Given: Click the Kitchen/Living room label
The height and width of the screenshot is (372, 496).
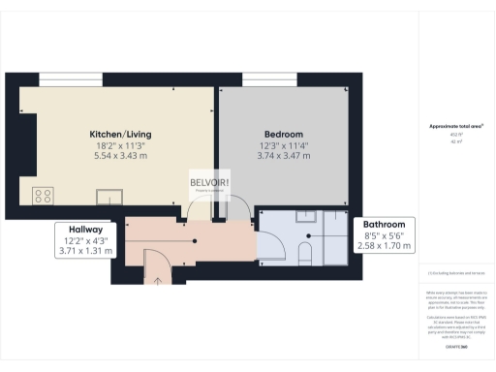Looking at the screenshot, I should (120, 133).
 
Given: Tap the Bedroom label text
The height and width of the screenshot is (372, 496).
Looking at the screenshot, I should (284, 133).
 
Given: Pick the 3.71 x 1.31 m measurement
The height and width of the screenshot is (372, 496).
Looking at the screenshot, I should (85, 251).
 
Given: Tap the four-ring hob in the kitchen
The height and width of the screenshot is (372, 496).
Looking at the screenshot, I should (44, 195).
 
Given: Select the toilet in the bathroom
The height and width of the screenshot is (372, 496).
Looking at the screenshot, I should (305, 255).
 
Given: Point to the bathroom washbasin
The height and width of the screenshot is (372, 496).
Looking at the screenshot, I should (307, 219).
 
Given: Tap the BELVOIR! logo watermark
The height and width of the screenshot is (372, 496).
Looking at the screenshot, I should (209, 185).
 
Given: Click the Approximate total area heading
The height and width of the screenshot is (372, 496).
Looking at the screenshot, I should (455, 127).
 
